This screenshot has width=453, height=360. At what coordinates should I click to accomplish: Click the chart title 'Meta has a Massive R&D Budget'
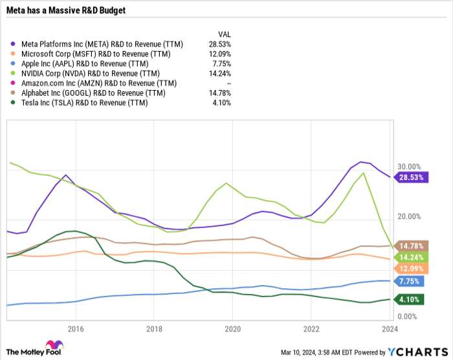tap(65, 10)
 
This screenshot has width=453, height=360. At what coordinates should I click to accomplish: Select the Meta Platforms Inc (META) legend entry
tap(102, 44)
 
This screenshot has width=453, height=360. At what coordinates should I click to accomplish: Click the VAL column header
tap(223, 34)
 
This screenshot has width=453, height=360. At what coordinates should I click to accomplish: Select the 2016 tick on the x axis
tap(76, 328)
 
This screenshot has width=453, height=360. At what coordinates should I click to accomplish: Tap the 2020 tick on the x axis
tap(233, 328)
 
